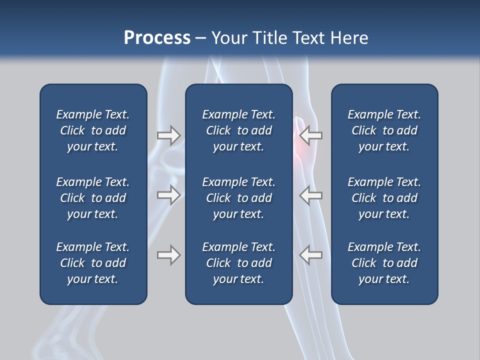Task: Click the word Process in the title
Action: [x=157, y=38]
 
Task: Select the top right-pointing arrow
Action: [x=168, y=135]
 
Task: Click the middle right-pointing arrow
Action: [x=168, y=195]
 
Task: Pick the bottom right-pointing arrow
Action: [x=168, y=255]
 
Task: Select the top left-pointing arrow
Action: [x=311, y=135]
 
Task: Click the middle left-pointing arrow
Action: [x=311, y=195]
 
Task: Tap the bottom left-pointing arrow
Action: [x=311, y=255]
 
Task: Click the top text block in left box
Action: [x=93, y=130]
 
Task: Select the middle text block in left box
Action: [x=93, y=198]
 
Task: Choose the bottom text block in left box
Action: [x=93, y=263]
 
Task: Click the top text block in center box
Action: [x=238, y=130]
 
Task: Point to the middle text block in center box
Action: [x=238, y=198]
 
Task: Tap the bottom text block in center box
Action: [x=238, y=263]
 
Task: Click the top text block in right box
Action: [x=384, y=130]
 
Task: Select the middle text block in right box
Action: [x=384, y=198]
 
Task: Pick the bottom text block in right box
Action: [x=384, y=263]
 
